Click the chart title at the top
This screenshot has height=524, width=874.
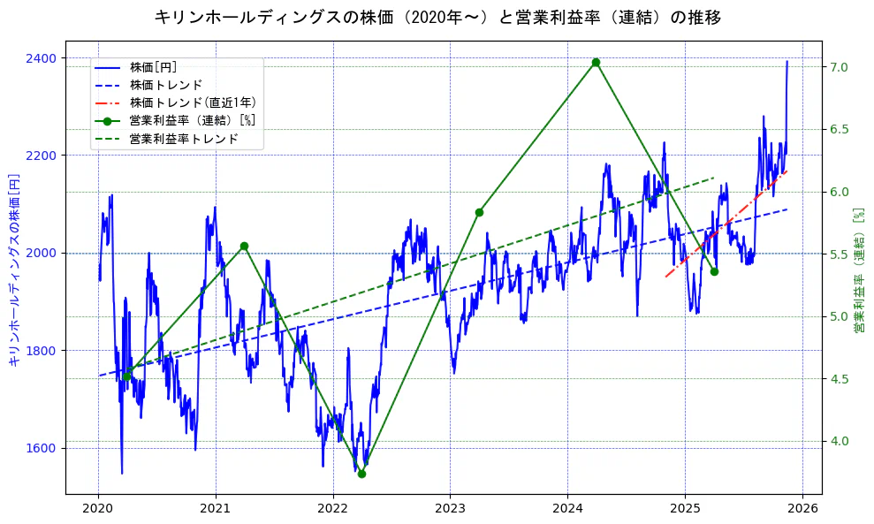coord(437,17)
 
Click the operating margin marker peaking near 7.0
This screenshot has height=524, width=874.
coord(596,62)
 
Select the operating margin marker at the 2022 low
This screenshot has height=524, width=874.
coord(361,474)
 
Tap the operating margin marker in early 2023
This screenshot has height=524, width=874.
coord(479,212)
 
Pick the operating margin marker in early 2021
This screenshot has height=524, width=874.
coord(244,246)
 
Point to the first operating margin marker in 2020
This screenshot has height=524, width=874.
coord(126,376)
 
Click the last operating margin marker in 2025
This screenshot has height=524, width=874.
coord(714,271)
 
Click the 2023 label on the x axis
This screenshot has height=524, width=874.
coord(450,509)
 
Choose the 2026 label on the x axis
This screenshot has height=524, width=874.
coord(802,509)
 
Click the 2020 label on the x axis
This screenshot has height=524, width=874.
coord(98,509)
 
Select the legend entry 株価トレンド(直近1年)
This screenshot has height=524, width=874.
coord(193,103)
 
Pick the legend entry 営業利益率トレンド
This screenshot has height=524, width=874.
coord(184,139)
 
